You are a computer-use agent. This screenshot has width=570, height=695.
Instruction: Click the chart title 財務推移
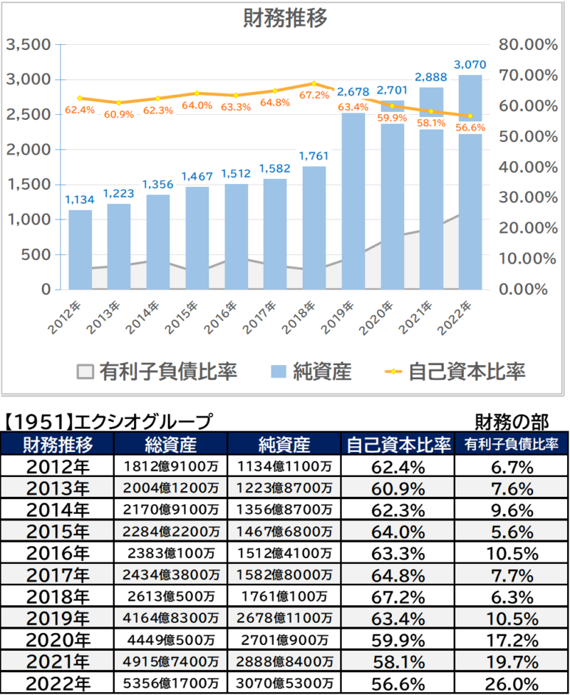[x=285, y=18]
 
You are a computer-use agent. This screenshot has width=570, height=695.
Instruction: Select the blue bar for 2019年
[x=353, y=201]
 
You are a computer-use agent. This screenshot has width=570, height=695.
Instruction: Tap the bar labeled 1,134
[x=81, y=249]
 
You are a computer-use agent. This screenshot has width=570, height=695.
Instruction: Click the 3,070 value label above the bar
[x=470, y=65]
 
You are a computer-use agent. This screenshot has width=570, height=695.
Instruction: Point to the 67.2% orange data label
[x=314, y=95]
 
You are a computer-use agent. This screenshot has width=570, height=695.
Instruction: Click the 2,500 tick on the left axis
[x=28, y=114]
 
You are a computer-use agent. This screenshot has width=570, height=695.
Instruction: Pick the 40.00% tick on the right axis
[x=528, y=167]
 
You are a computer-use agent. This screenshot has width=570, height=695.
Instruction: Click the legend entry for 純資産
[x=311, y=371]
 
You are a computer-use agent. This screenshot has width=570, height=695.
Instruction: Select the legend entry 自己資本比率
[x=455, y=371]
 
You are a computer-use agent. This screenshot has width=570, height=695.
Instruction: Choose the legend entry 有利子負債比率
[x=157, y=371]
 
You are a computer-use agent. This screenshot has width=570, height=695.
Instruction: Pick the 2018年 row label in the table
[x=57, y=597]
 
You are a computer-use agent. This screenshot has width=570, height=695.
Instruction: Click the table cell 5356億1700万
[x=170, y=683]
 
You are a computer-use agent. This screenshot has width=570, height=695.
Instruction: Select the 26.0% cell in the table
[x=512, y=684]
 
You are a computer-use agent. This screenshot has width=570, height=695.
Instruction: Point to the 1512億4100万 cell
[x=284, y=553]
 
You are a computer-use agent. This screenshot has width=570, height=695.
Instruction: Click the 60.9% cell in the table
[x=398, y=488]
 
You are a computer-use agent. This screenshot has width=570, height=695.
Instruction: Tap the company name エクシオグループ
[x=143, y=421]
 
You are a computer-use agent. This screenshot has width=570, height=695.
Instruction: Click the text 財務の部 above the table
[x=512, y=421]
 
